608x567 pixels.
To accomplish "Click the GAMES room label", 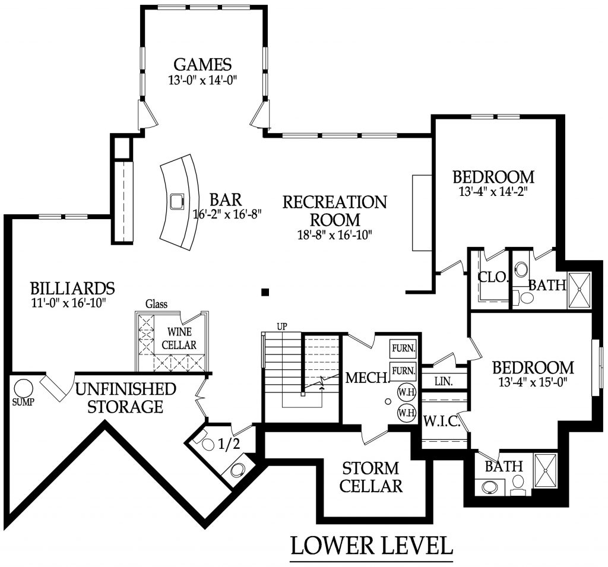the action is tap(202, 64).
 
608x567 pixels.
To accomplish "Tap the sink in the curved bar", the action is tap(177, 201).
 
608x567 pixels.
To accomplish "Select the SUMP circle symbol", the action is tap(24, 388).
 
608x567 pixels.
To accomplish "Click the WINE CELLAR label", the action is tap(179, 338).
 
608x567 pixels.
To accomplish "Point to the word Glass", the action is tap(156, 305).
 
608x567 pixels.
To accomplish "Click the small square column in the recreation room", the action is tap(265, 292).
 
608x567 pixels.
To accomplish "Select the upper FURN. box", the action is tap(403, 348).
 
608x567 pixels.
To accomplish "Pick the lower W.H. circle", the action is tap(406, 412).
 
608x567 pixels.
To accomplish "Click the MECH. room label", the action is tap(366, 378).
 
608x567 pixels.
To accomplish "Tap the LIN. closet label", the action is tap(444, 381).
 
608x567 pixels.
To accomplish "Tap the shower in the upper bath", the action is tap(579, 290).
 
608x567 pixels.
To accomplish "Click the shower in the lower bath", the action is tap(545, 471).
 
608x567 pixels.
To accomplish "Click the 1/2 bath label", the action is tap(229, 444).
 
